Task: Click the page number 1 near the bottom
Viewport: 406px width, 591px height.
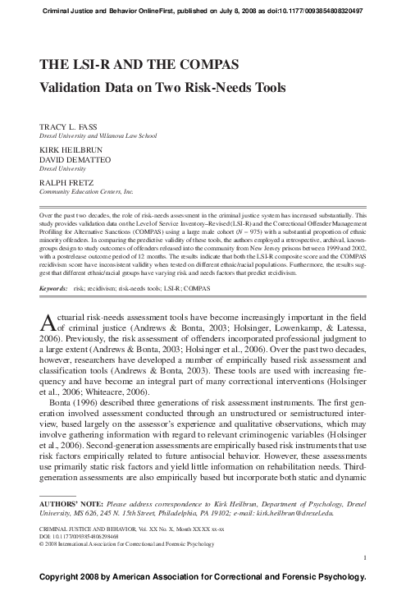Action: coord(363,558)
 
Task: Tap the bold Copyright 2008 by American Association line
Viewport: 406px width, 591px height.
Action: coord(203,579)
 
